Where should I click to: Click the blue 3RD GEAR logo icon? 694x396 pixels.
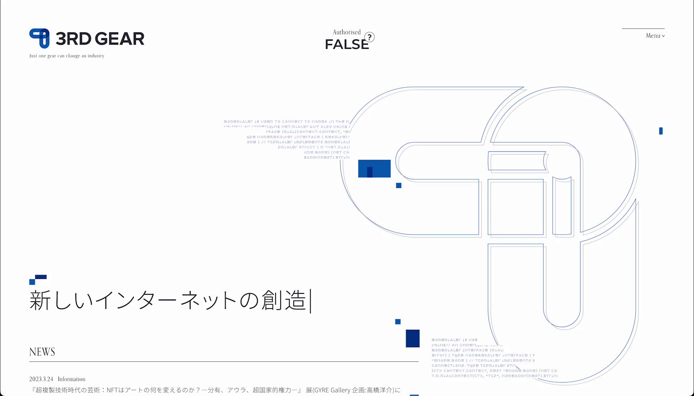click(x=39, y=38)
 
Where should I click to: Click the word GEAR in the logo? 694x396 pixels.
click(x=120, y=39)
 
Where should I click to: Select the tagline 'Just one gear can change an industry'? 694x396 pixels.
click(x=67, y=56)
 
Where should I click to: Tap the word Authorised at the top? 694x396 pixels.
click(x=346, y=32)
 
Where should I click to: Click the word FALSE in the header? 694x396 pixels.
click(x=347, y=44)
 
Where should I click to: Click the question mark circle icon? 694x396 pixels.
click(x=369, y=37)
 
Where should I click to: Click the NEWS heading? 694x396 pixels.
click(x=42, y=352)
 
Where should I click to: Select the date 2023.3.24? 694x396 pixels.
click(x=41, y=379)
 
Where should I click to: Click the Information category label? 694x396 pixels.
click(x=72, y=379)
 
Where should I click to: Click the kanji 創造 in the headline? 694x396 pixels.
click(x=284, y=300)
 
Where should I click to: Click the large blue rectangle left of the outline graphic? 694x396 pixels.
click(x=374, y=168)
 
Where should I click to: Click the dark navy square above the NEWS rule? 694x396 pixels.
click(x=412, y=338)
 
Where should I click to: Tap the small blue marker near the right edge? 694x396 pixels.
click(x=661, y=131)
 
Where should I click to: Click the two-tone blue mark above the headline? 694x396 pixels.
click(x=38, y=279)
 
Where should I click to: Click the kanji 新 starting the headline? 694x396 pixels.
click(x=40, y=300)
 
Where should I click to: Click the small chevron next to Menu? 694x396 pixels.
click(x=663, y=36)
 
